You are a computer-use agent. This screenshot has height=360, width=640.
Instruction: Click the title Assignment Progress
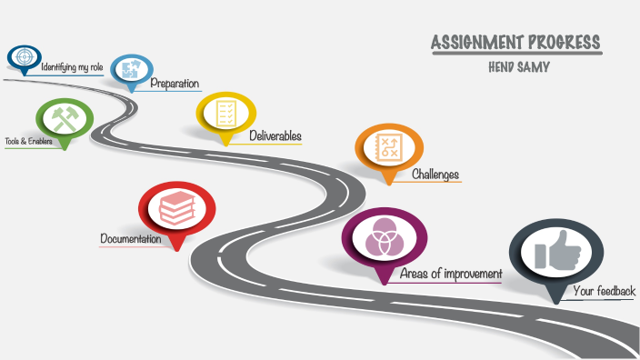coord(515,43)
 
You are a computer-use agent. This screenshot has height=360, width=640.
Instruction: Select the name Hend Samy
coord(518,66)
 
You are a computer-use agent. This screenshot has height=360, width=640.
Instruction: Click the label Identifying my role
coord(72,67)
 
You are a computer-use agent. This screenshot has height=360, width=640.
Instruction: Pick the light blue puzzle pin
coord(132,69)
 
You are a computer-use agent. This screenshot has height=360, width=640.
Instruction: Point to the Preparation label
coord(175,84)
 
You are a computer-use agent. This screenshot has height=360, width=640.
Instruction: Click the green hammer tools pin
coord(64,119)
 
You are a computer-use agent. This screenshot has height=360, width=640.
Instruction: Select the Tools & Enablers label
coord(28,142)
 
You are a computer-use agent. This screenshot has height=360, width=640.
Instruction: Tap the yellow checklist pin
coord(225,114)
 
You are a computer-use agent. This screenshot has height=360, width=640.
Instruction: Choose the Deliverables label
coord(275,136)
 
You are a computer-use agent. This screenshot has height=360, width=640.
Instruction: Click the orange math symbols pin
coord(389,146)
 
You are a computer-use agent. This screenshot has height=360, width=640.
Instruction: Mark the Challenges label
coord(435,175)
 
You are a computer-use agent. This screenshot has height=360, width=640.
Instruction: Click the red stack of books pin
coord(176,206)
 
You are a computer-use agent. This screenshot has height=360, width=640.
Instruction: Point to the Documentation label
coord(131,239)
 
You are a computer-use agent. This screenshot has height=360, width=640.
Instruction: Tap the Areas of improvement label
coord(451,274)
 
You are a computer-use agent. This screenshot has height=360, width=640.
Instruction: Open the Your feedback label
coord(604,292)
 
